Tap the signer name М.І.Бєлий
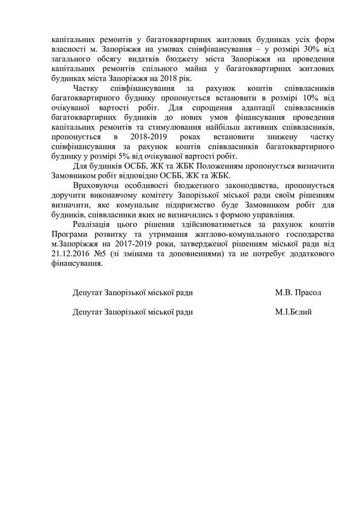293,312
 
